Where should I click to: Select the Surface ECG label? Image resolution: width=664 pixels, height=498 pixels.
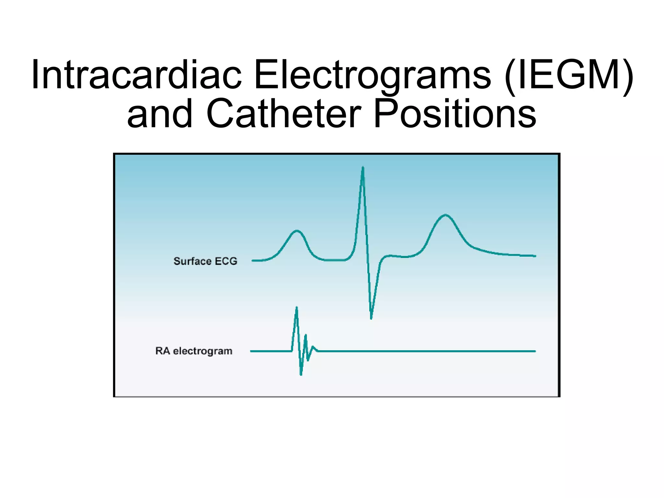(x=205, y=261)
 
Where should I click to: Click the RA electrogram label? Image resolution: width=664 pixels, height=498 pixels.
(x=194, y=351)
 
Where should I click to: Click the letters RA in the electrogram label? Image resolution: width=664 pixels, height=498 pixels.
(x=162, y=351)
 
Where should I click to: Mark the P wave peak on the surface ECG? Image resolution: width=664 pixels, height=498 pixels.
(x=297, y=231)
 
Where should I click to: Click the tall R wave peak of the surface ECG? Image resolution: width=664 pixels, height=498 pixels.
(x=363, y=167)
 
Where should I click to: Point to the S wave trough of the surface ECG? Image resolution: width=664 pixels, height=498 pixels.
(x=371, y=318)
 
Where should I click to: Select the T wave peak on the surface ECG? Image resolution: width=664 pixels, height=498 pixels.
(x=445, y=215)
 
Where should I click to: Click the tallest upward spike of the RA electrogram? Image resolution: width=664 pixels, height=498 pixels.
(x=296, y=307)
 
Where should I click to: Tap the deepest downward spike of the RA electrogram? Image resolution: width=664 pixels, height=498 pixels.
(x=301, y=374)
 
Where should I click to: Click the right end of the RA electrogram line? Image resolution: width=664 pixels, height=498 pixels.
(x=535, y=351)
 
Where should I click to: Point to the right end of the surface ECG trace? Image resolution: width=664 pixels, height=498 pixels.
(x=535, y=256)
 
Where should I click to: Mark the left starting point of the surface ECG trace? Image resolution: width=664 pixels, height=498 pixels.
(x=253, y=261)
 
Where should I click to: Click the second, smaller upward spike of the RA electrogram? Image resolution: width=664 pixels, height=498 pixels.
(x=305, y=335)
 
